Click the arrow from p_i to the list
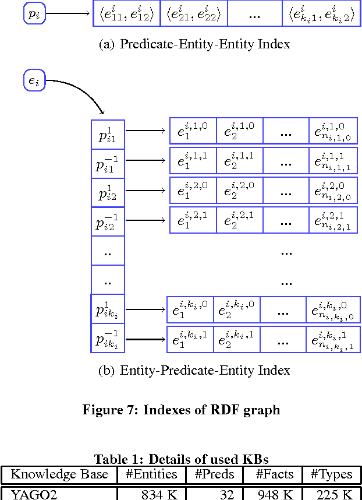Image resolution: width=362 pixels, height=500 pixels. coord(69,13)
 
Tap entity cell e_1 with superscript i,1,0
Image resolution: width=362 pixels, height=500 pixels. coord(193,131)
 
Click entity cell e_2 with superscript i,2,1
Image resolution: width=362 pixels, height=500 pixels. coord(239,220)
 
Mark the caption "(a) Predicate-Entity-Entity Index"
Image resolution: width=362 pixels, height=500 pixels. coord(194,44)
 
